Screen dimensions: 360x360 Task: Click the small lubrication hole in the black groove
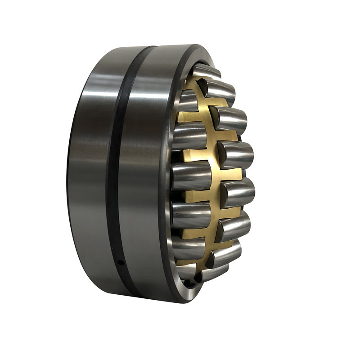(x=120, y=262)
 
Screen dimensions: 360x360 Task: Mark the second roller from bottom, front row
(x=225, y=252)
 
